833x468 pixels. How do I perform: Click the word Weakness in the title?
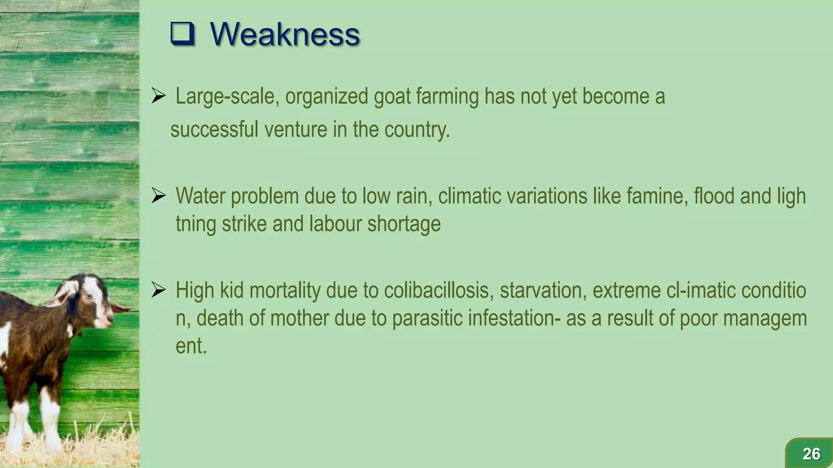[285, 34]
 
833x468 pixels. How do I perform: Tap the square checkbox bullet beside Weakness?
[182, 34]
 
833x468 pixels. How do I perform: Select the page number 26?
[811, 454]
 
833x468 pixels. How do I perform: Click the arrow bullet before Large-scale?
[158, 96]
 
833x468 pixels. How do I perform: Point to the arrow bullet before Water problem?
[158, 196]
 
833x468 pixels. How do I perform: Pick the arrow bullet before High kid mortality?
[158, 290]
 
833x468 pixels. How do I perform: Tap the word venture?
[296, 130]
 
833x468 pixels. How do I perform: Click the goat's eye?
[88, 297]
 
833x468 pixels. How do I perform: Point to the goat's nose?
[109, 321]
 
